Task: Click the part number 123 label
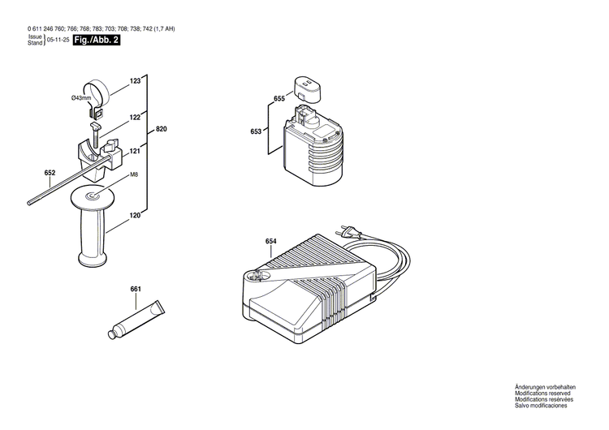[x=135, y=81]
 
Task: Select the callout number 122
[x=135, y=118]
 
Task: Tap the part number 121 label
[x=135, y=152]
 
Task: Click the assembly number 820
[x=161, y=130]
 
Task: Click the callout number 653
[x=257, y=131]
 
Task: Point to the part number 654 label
[x=271, y=241]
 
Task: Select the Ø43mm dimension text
[x=81, y=98]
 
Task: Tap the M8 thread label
[x=134, y=174]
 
